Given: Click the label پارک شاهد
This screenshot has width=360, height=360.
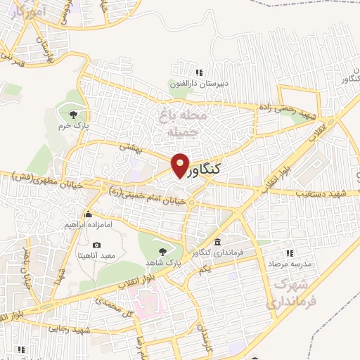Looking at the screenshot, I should tap(179, 262).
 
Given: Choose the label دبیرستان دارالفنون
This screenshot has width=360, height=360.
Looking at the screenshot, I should tap(195, 84).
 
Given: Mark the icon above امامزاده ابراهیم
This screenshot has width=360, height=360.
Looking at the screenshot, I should tap(88, 214).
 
